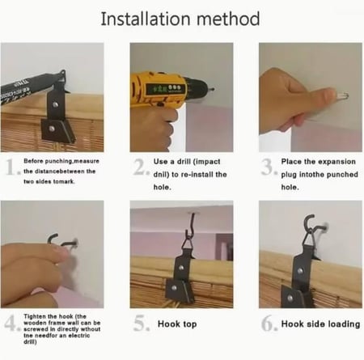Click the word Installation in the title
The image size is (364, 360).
[146, 19]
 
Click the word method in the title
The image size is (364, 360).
[228, 19]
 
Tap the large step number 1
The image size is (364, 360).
[11, 167]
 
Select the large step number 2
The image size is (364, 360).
[141, 167]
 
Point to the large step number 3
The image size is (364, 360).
[269, 167]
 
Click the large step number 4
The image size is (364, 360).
[11, 323]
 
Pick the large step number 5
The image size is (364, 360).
[141, 323]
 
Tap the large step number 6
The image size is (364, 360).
[269, 323]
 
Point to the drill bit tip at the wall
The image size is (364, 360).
[214, 89]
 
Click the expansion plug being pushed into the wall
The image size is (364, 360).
[342, 95]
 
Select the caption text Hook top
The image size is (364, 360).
[177, 324]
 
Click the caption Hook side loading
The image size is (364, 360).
[320, 324]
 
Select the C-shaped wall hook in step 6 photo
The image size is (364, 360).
[310, 224]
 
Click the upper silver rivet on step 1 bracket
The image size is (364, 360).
[56, 104]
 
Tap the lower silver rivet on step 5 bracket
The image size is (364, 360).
[175, 288]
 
